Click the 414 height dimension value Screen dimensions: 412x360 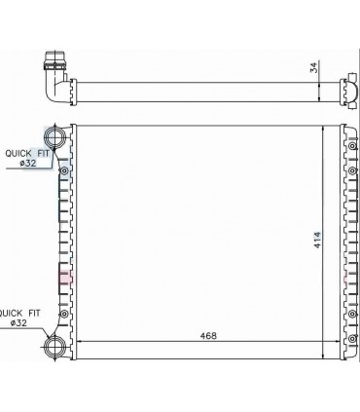[x=316, y=238]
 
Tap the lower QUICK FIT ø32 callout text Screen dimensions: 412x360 [x=21, y=318]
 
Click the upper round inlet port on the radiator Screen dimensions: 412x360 [x=55, y=134]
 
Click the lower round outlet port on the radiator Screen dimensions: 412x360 [x=55, y=344]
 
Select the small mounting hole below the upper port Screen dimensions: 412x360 [x=64, y=172]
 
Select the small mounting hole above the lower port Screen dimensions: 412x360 [x=64, y=314]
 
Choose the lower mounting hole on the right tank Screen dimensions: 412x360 [x=347, y=314]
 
